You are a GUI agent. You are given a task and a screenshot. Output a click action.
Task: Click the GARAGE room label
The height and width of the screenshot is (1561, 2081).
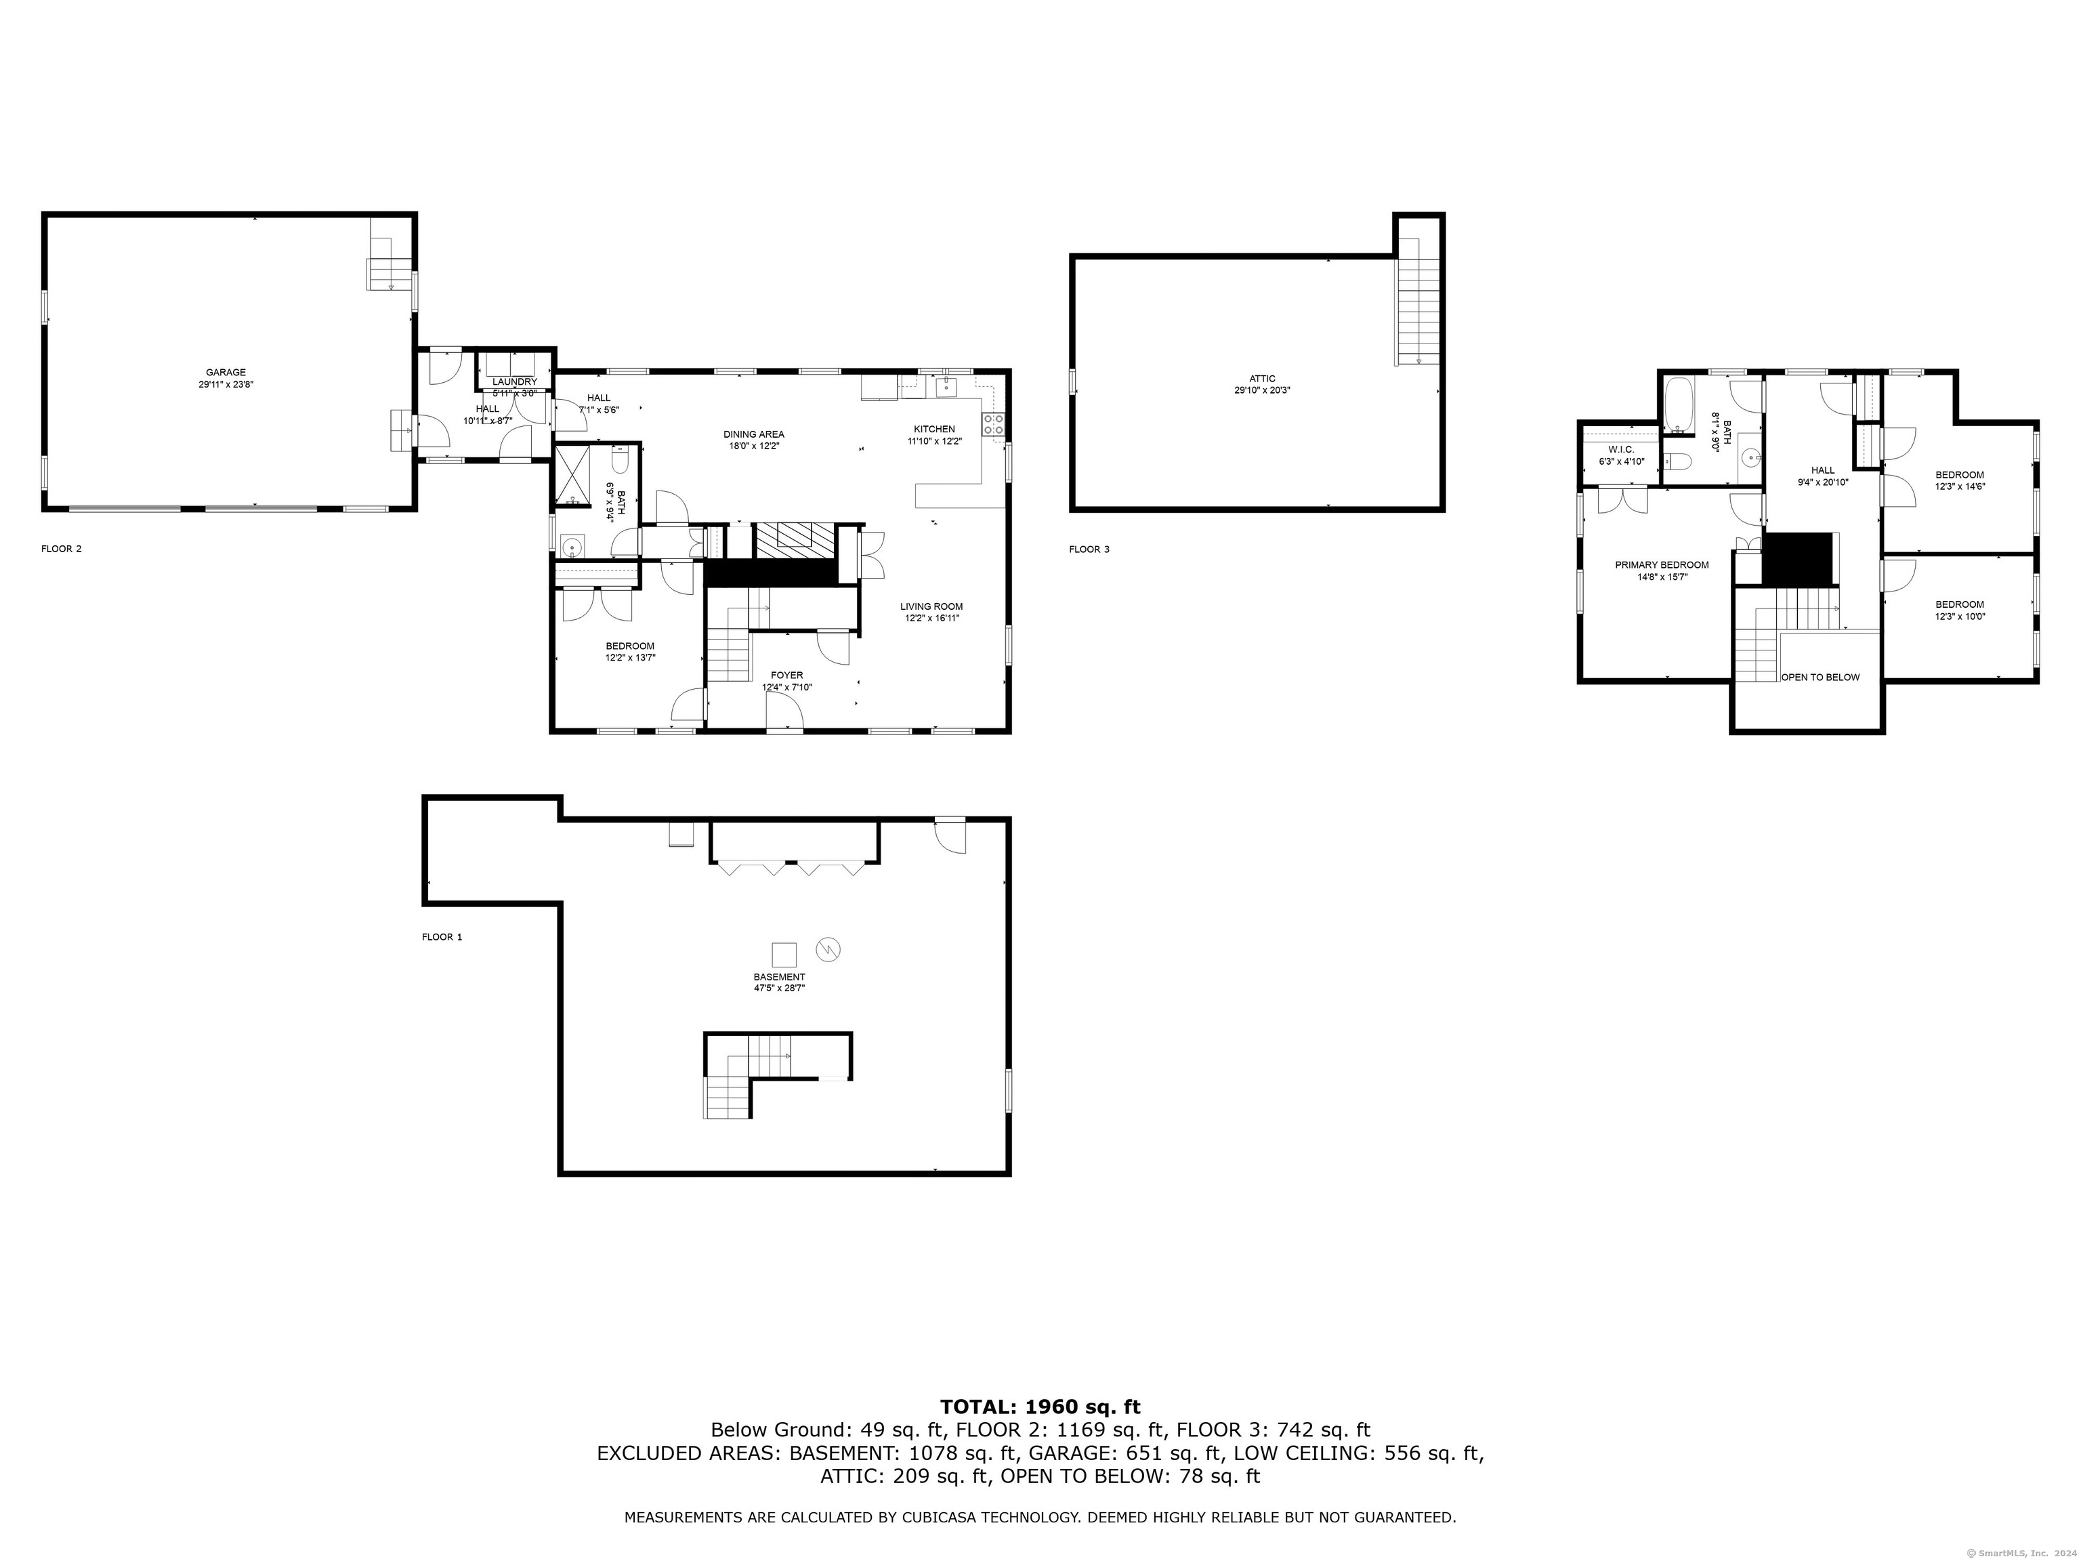point(226,373)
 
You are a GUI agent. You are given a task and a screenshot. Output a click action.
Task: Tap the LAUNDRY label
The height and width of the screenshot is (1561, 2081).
point(515,381)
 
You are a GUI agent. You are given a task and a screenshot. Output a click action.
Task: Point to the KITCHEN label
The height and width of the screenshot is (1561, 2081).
point(934,429)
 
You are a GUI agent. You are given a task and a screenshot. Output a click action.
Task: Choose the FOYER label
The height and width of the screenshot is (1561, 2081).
point(786,675)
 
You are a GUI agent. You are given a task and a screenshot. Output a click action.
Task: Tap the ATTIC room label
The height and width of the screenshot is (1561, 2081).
point(1263,378)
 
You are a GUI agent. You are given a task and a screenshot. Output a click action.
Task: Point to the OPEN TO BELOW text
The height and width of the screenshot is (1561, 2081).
point(1820,678)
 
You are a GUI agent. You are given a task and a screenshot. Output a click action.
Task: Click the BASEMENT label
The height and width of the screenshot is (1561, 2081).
point(779,978)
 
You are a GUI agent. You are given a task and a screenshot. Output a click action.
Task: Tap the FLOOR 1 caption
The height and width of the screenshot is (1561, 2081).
point(442,937)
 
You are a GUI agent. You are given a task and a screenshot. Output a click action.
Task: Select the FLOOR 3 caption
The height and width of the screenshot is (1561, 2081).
point(1089,549)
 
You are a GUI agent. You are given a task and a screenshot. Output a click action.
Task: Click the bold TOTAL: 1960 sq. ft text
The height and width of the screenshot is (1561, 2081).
point(1040,1433)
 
